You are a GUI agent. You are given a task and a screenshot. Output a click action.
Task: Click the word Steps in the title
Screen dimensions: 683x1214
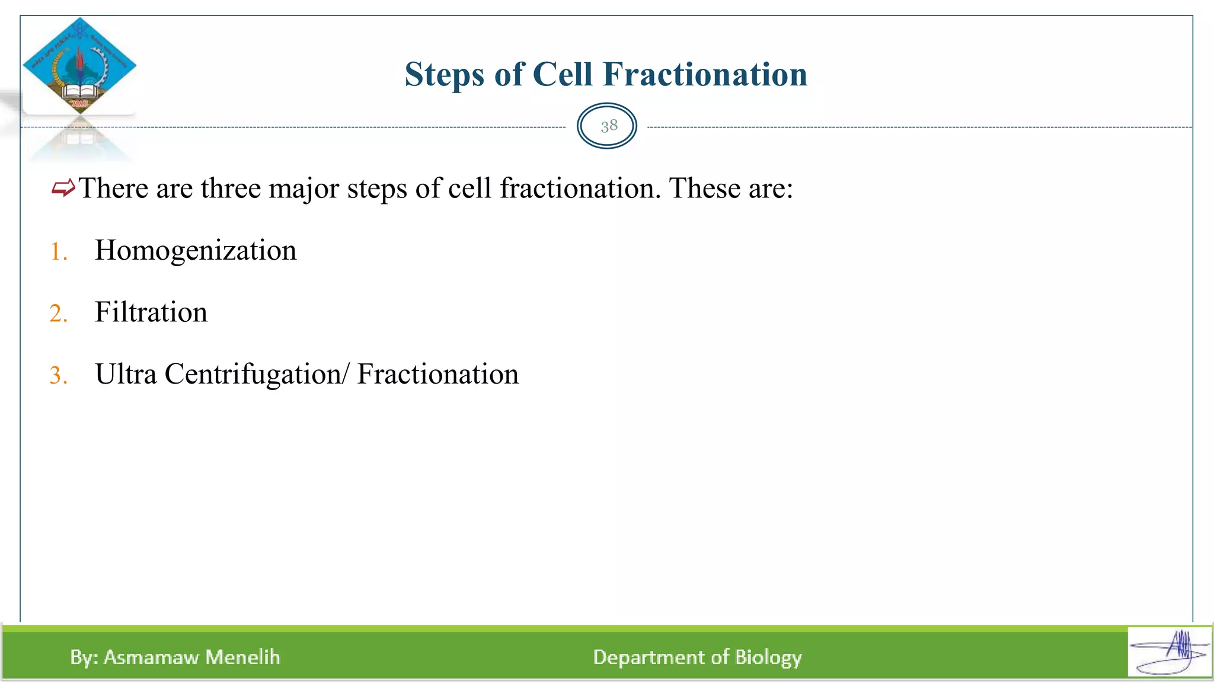tap(443, 75)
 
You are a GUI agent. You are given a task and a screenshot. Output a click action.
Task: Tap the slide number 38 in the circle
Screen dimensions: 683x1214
tap(608, 126)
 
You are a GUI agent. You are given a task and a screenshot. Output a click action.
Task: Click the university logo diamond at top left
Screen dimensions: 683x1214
tap(79, 65)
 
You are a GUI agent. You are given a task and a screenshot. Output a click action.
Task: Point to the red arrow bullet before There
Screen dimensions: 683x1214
tap(63, 189)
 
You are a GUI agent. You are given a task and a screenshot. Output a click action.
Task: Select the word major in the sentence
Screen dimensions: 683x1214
tap(303, 189)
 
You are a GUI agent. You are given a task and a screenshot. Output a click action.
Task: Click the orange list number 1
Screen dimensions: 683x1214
tap(57, 251)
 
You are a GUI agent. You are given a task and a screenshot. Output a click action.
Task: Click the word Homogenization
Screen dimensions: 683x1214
tap(195, 250)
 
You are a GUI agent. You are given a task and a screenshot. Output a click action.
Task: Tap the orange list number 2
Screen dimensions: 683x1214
tap(57, 314)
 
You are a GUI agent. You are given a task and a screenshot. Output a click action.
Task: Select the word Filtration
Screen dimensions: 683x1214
tap(151, 312)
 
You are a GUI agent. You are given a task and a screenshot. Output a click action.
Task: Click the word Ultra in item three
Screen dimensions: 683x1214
tap(125, 374)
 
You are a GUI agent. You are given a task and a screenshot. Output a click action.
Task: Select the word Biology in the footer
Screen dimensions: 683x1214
tap(768, 658)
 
